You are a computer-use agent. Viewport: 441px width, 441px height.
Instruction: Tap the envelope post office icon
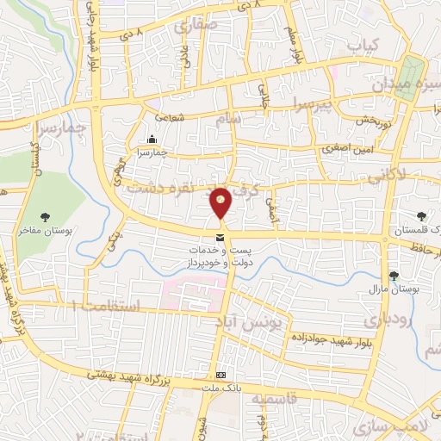(220, 236)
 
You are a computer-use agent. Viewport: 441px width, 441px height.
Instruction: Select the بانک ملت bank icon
(220, 375)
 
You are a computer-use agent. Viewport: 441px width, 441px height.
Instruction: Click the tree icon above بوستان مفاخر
(45, 217)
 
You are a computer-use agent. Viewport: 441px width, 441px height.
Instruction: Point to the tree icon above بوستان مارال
(394, 276)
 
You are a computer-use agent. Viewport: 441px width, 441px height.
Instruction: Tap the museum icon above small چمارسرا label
(152, 140)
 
